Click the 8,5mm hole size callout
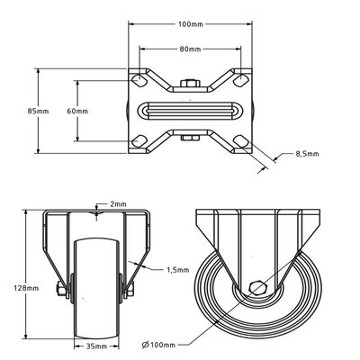pyautogui.click(x=308, y=155)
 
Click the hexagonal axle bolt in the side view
pyautogui.click(x=258, y=289)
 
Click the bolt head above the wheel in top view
pyautogui.click(x=189, y=85)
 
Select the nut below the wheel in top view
pyautogui.click(x=189, y=137)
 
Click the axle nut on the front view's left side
pyautogui.click(x=59, y=289)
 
